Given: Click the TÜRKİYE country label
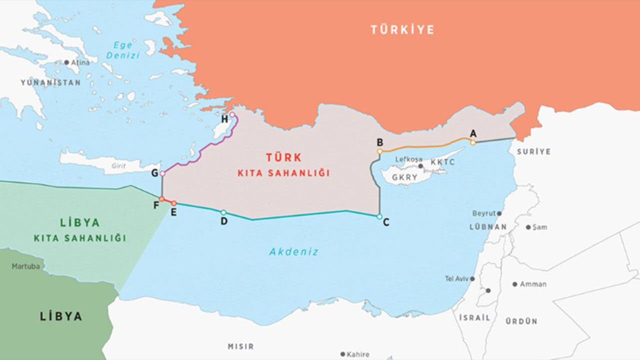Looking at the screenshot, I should point(402,29).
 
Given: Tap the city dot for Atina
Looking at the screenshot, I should point(66,62).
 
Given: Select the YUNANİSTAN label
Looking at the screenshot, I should point(50,82).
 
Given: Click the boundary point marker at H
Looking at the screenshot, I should point(232,114).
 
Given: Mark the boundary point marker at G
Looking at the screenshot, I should point(162,173).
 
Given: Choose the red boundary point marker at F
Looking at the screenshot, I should point(161,199).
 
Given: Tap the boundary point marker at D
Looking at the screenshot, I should point(223,212).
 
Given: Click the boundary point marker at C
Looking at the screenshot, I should point(379,216).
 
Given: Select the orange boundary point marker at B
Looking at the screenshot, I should point(380,151).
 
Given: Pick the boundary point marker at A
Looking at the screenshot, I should point(472,142).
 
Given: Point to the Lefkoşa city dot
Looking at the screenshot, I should point(421,166).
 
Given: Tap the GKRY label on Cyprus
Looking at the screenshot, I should point(404,177).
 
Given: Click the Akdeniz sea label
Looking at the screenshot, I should point(293,252).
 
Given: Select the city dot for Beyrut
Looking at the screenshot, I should point(499,213).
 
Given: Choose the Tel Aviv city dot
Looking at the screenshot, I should point(472,278).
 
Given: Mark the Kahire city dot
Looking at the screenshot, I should point(342,354).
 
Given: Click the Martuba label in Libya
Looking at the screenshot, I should point(25,266).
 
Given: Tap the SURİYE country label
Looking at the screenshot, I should point(533,151).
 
